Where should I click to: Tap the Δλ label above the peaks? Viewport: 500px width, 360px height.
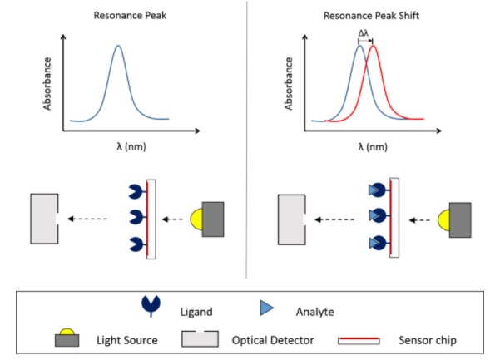(364, 34)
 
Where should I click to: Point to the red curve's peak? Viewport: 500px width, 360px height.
(373, 47)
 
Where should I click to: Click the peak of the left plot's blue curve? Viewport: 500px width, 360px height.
(117, 47)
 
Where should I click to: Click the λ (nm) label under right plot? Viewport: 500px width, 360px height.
(370, 146)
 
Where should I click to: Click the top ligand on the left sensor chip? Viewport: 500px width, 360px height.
(135, 194)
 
